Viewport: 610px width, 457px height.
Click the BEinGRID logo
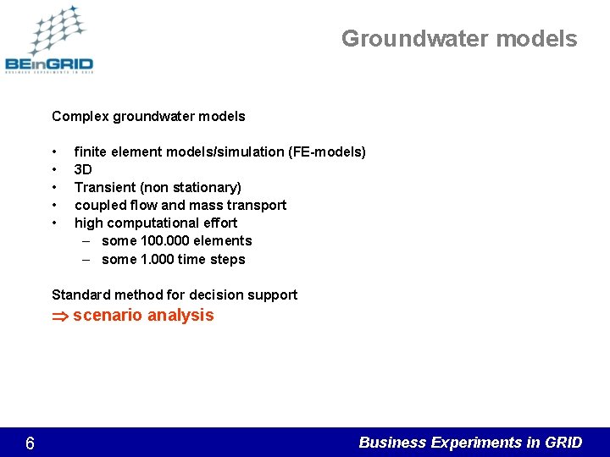[49, 41]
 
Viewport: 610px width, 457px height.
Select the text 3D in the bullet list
[84, 169]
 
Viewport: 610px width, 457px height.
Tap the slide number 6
[30, 443]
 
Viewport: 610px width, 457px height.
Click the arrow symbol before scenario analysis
[60, 316]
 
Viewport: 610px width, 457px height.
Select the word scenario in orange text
[108, 316]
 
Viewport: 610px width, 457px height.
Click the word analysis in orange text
[180, 316]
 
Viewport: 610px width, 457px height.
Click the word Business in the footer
[393, 443]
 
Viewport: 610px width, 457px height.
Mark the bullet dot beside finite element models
[54, 152]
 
